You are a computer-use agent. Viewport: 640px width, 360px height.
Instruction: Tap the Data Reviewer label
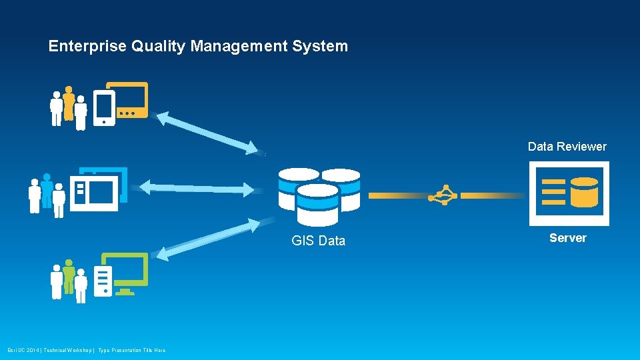click(x=567, y=147)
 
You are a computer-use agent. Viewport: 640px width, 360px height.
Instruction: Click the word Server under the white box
click(x=567, y=238)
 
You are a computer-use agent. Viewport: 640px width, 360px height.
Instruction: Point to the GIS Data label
click(x=319, y=241)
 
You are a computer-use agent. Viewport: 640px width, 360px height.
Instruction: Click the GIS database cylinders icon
click(x=319, y=195)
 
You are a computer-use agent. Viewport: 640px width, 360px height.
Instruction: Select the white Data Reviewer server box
click(x=568, y=193)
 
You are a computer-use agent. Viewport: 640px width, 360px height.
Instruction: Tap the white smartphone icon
click(x=104, y=108)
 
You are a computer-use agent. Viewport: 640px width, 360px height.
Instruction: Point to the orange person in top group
click(x=69, y=102)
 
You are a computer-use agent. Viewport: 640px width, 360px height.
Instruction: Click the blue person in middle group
click(x=47, y=190)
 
